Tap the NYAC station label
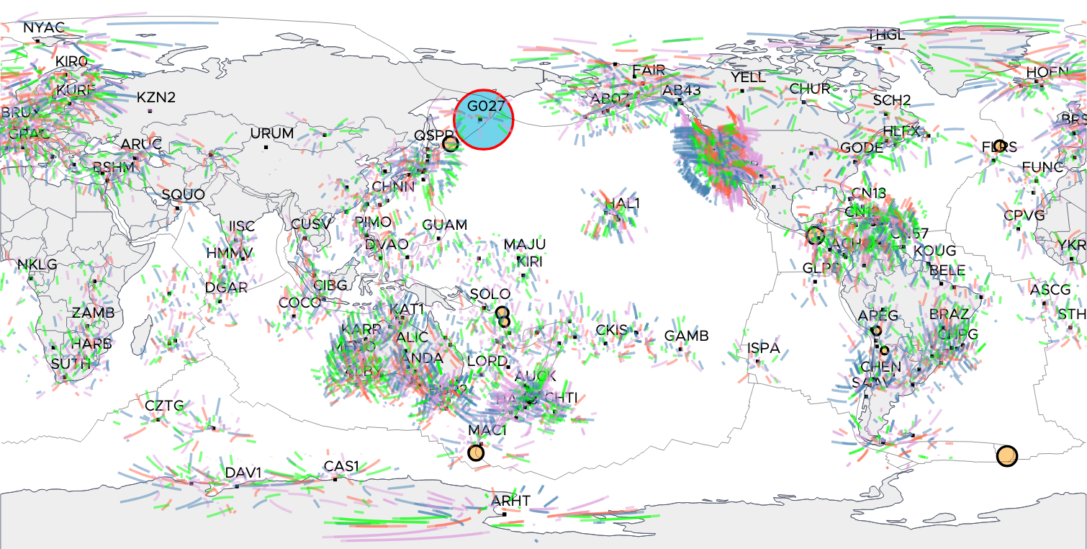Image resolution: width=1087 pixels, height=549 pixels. pos(44,27)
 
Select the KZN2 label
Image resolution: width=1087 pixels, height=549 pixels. pos(156,97)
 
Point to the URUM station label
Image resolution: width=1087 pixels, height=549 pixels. pos(272,133)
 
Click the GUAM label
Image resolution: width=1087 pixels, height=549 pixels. pos(445,225)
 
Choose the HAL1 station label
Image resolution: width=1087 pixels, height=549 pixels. pos(622,203)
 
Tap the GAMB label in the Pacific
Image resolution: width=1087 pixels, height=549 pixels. pos(686,336)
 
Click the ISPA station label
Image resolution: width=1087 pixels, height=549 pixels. pos(763,348)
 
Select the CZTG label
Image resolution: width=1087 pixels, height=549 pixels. pos(164,406)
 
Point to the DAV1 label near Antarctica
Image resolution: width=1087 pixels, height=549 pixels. pos(243,473)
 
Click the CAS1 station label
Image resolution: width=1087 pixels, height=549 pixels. pos(341,466)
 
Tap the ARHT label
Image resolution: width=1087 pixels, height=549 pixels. pos(511,501)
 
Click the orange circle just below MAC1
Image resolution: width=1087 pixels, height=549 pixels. pos(476,452)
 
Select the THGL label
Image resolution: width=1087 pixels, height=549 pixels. pos(885,35)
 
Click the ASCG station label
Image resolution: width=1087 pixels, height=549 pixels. pos(1050,290)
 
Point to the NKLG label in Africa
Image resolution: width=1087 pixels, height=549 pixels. pos(37,264)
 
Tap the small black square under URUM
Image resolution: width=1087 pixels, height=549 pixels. pos(266,147)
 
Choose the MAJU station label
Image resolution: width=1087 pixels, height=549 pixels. pos(524,244)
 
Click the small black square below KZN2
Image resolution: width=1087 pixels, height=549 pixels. pos(150,111)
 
